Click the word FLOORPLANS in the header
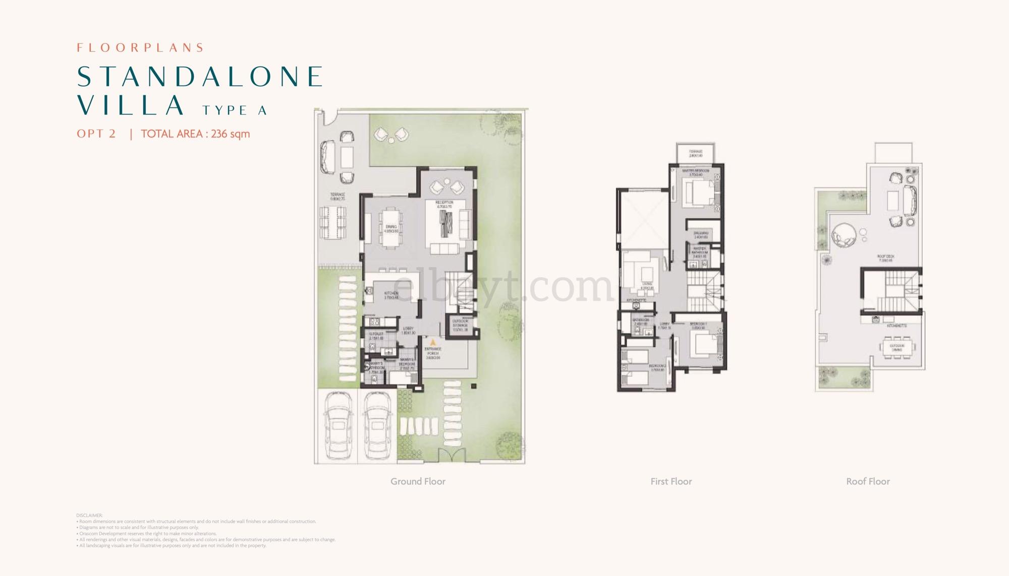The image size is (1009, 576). tap(140, 48)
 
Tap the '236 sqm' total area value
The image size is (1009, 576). tap(230, 134)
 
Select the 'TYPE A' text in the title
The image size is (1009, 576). tap(235, 110)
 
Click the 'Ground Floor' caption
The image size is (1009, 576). tap(418, 481)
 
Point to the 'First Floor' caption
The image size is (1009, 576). tap(671, 481)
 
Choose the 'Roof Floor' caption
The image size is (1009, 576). tap(868, 481)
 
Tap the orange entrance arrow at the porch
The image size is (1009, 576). tap(432, 342)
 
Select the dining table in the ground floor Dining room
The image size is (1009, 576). tap(391, 229)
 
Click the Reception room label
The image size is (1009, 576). tap(444, 204)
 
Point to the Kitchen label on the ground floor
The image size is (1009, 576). tap(391, 295)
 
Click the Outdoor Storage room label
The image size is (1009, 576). tap(460, 324)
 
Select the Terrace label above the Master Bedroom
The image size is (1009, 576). tap(696, 153)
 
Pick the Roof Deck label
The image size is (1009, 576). tap(886, 259)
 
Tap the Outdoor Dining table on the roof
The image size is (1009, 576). tap(898, 348)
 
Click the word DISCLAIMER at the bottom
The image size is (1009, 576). tap(89, 516)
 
